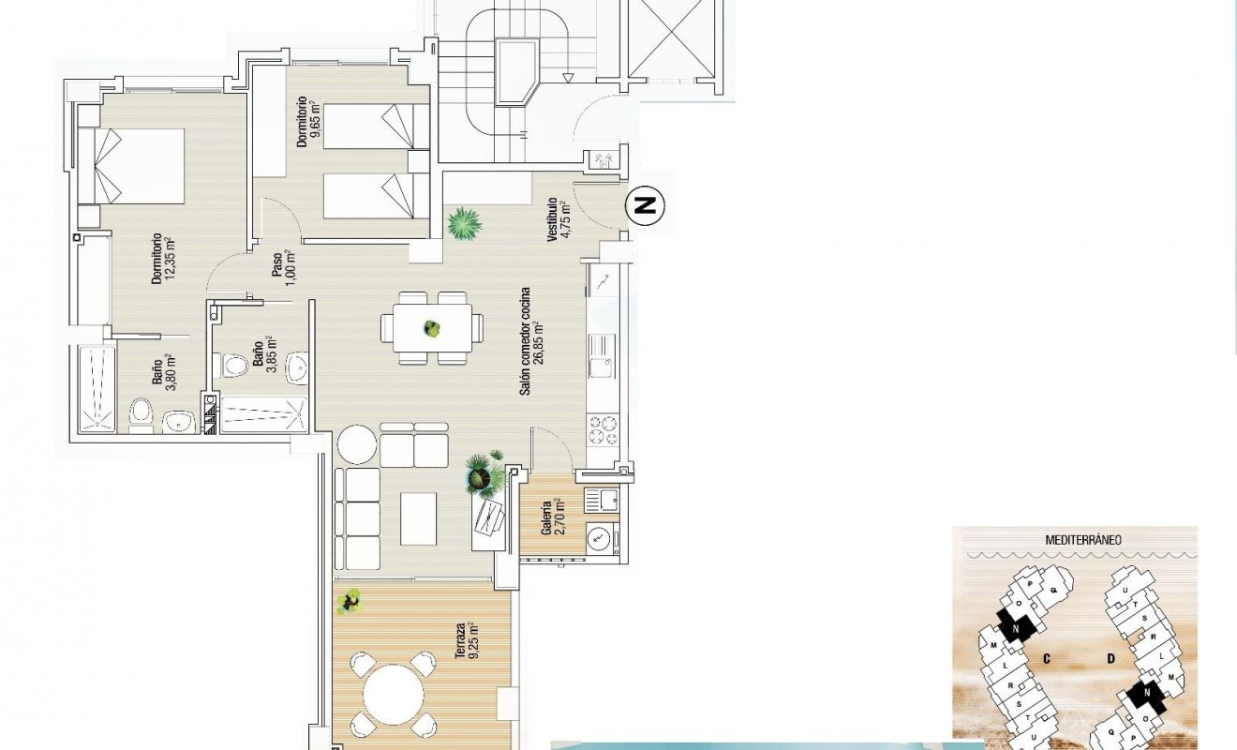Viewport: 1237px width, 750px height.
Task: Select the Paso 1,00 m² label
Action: point(284,262)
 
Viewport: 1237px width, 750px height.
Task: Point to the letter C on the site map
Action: point(1046,659)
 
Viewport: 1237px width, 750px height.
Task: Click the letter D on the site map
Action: point(1110,659)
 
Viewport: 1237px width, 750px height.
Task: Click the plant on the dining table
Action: point(432,328)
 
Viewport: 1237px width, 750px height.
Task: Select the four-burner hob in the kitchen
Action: point(604,430)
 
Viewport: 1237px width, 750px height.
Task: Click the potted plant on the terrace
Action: point(350,601)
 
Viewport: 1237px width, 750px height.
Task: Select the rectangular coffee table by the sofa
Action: point(418,518)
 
